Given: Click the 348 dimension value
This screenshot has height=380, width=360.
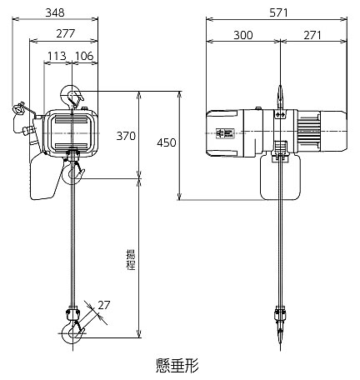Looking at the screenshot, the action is [x=55, y=12].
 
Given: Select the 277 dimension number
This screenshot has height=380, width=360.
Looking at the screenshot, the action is [x=66, y=33].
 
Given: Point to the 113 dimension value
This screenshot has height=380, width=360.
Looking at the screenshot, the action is [x=57, y=56].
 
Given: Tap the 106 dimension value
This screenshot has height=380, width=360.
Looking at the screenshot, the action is [x=84, y=56].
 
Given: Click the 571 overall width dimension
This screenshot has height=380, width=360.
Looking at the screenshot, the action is [x=278, y=12].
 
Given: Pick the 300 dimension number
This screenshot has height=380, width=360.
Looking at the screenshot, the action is [x=243, y=35].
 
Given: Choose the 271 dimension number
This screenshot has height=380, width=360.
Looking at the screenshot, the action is [x=312, y=35].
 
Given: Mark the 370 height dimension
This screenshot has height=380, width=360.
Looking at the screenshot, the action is [x=126, y=136].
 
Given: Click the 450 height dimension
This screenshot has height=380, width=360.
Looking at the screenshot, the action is [x=167, y=142].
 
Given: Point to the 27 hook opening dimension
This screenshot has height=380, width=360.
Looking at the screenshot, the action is [x=104, y=305].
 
